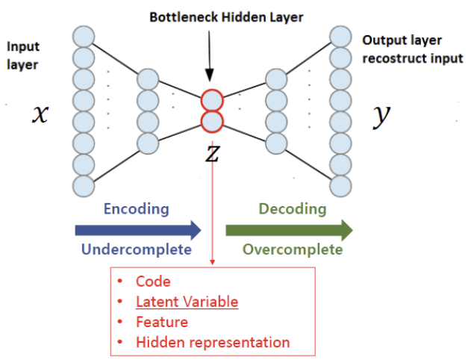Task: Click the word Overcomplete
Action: [x=293, y=249]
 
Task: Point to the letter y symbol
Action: [x=382, y=114]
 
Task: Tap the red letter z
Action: [x=212, y=153]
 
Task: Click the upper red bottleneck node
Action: [x=212, y=101]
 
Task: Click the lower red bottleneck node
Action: [x=212, y=121]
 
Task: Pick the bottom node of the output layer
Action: [x=340, y=184]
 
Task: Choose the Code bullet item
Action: [x=153, y=282]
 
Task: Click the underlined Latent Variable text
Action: [x=187, y=302]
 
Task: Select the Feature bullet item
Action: [x=162, y=322]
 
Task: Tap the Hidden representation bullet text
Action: [x=213, y=343]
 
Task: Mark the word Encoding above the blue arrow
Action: [x=137, y=208]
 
